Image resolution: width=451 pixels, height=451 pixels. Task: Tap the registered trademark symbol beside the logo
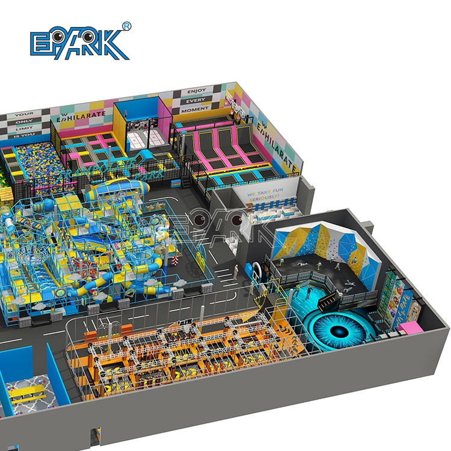click(127, 25)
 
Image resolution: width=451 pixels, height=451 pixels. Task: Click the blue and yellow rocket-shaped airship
click(117, 192)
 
